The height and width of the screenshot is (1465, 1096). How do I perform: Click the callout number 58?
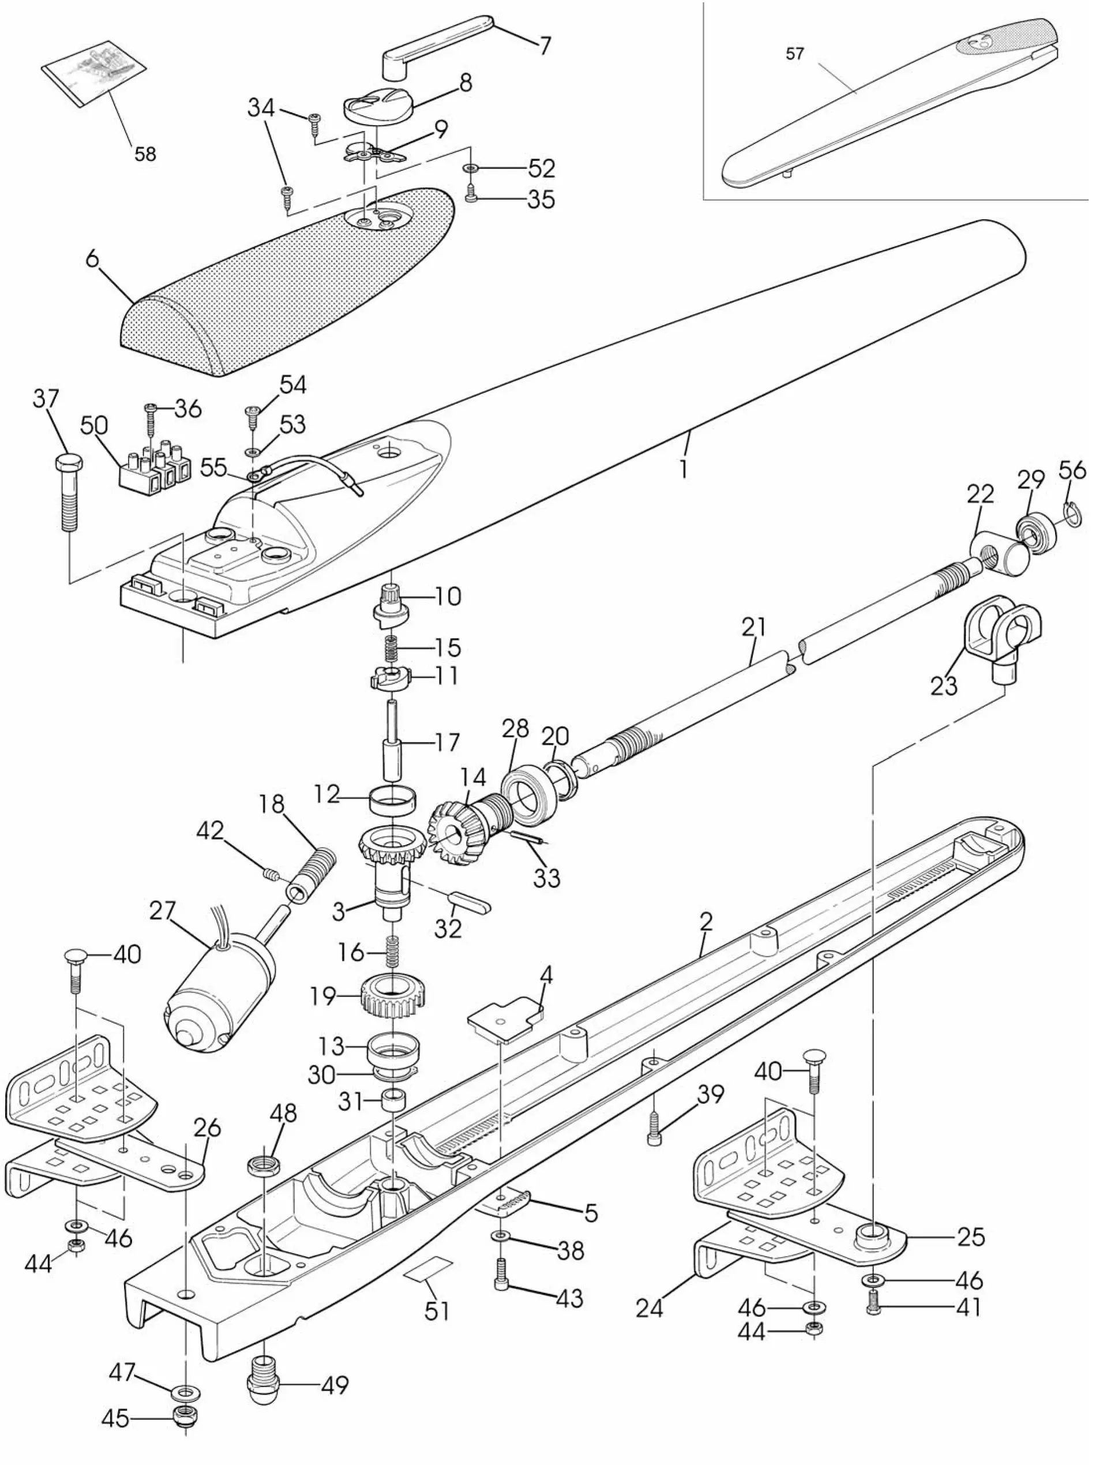click(145, 153)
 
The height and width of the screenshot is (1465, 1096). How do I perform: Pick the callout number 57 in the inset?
click(795, 54)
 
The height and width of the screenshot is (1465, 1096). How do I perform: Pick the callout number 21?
click(753, 627)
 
